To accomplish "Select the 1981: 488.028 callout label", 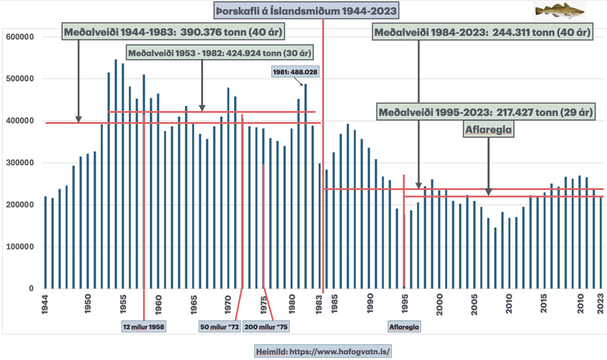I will click(294, 72).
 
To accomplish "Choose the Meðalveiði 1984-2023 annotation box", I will click(482, 32).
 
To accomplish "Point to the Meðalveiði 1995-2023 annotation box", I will click(486, 112).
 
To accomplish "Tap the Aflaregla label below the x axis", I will click(404, 326).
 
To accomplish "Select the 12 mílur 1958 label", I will click(144, 326).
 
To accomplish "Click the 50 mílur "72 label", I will click(219, 326).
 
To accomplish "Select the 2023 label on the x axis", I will click(600, 303).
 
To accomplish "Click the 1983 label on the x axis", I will click(321, 303).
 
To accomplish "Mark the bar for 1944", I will click(45, 242).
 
